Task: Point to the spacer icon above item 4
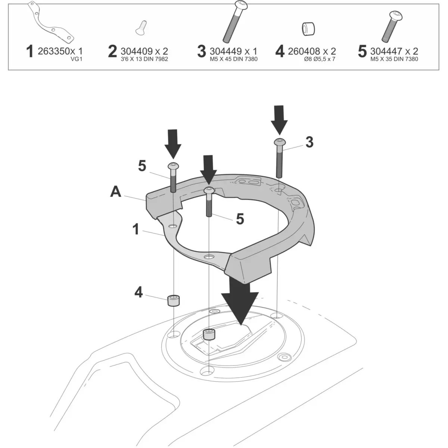[x=307, y=29]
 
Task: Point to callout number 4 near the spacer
[x=139, y=292]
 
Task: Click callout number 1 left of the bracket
[x=136, y=229]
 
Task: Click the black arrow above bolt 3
[x=279, y=119]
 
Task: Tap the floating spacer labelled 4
[x=173, y=300]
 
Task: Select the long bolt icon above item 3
[x=231, y=21]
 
